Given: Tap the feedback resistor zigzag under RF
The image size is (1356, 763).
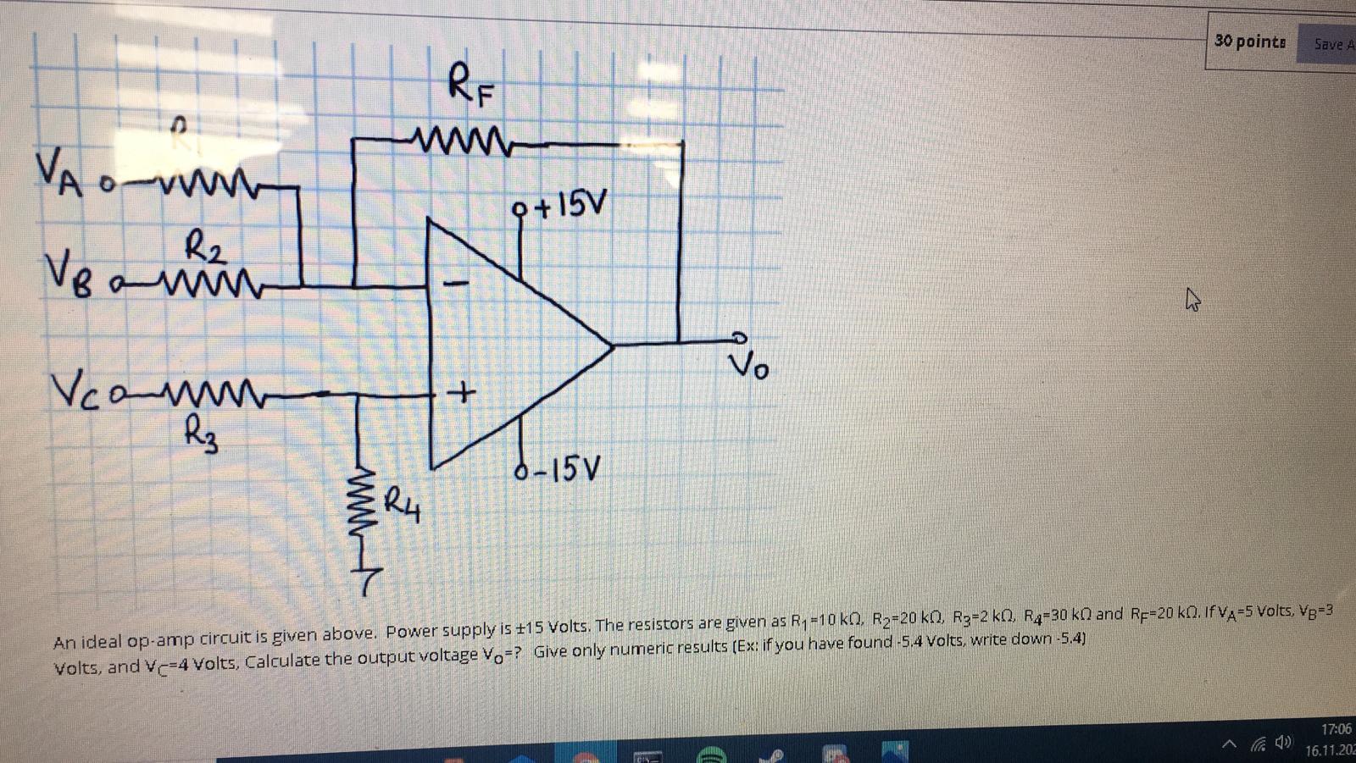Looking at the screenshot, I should pyautogui.click(x=458, y=136).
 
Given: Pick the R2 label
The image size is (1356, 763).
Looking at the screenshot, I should pyautogui.click(x=204, y=248).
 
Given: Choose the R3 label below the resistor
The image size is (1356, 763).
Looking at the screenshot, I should pyautogui.click(x=202, y=437).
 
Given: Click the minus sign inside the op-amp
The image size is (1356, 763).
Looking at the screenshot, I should pyautogui.click(x=455, y=282).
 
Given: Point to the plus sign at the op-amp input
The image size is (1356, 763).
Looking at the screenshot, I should pyautogui.click(x=462, y=394).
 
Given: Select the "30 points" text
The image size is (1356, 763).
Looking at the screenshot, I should pyautogui.click(x=1249, y=41).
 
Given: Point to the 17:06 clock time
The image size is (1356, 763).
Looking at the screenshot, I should pyautogui.click(x=1336, y=729).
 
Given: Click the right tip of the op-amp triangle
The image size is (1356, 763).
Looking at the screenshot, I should pyautogui.click(x=612, y=346).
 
